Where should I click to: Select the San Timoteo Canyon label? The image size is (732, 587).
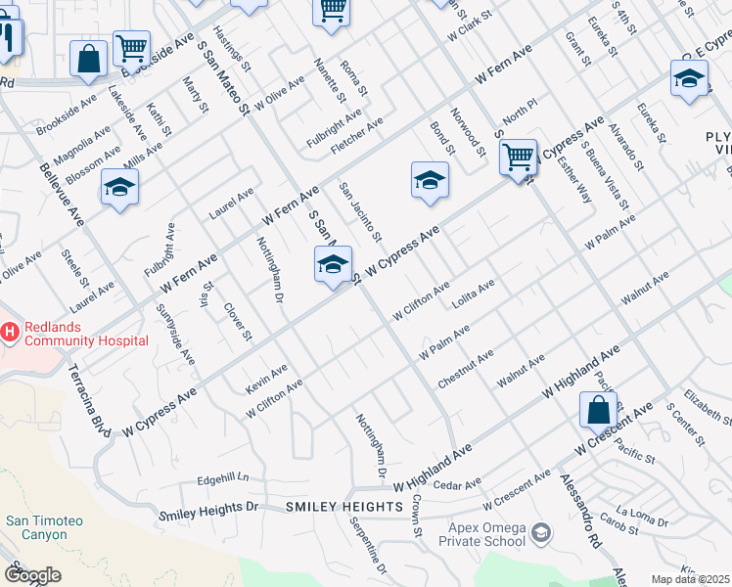pyautogui.click(x=37, y=527)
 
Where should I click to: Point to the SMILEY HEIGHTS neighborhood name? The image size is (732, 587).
pyautogui.click(x=344, y=507)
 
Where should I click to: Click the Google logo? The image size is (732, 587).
pyautogui.click(x=31, y=575)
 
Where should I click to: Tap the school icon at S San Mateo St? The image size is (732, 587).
pyautogui.click(x=333, y=264)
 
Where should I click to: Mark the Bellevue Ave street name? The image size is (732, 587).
pyautogui.click(x=62, y=191)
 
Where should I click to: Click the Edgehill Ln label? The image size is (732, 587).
pyautogui.click(x=223, y=478)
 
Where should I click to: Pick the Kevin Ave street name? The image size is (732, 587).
pyautogui.click(x=266, y=380)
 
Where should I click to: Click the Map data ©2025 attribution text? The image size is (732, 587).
pyautogui.click(x=691, y=579)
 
